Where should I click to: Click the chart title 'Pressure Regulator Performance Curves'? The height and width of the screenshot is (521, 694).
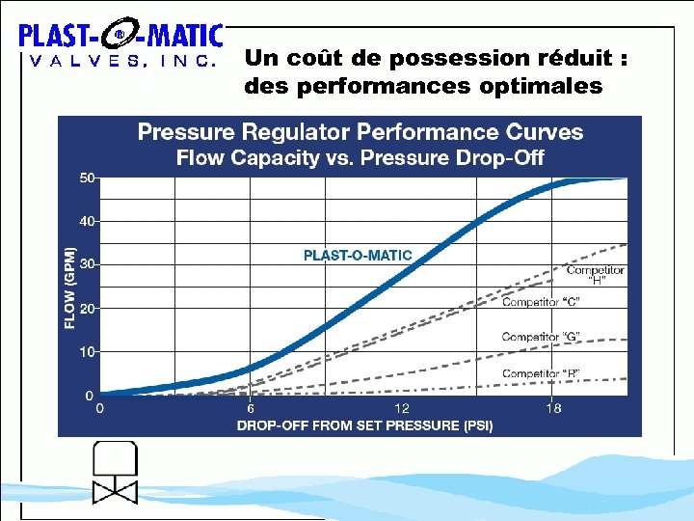pos(360,132)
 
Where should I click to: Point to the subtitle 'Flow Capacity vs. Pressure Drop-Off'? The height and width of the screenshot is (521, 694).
pos(360,158)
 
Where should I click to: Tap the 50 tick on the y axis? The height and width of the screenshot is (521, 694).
pos(87,178)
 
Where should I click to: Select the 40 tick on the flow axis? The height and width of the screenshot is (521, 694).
pos(87,221)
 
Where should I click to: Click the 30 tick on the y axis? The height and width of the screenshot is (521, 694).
pos(87,264)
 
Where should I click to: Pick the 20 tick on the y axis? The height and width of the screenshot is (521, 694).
pos(87,308)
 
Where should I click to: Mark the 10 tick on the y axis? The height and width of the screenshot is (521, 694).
pos(87,352)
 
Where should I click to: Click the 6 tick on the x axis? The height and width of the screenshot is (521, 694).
pos(251,409)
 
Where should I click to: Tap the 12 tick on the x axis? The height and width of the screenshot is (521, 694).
pos(402,409)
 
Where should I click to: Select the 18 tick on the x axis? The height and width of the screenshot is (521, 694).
pos(553,409)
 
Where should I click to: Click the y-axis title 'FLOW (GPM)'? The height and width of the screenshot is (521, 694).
pos(69,287)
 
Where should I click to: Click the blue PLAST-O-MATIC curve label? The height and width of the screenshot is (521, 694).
pos(358,256)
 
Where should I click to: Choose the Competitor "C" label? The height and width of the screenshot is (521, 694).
pos(541,302)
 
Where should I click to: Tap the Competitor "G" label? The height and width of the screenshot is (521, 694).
pos(541,337)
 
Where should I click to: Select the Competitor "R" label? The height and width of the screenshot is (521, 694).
pos(541,373)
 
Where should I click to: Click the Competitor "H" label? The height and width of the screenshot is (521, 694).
pos(596,276)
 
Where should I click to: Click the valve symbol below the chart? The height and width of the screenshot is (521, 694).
pos(115,473)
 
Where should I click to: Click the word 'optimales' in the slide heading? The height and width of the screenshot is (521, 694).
pos(548,87)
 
